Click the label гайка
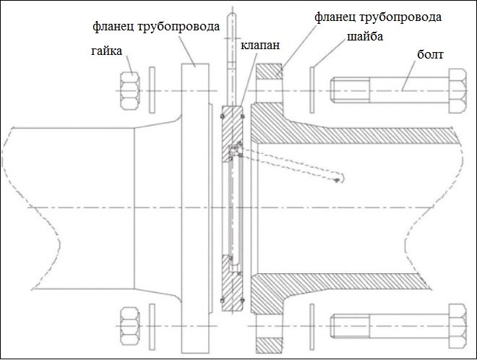pyautogui.click(x=106, y=52)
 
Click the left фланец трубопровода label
pyautogui.click(x=155, y=28)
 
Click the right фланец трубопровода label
pyautogui.click(x=378, y=15)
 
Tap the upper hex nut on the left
pyautogui.click(x=130, y=90)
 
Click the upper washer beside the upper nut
pyautogui.click(x=152, y=90)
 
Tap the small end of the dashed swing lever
pyautogui.click(x=338, y=180)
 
